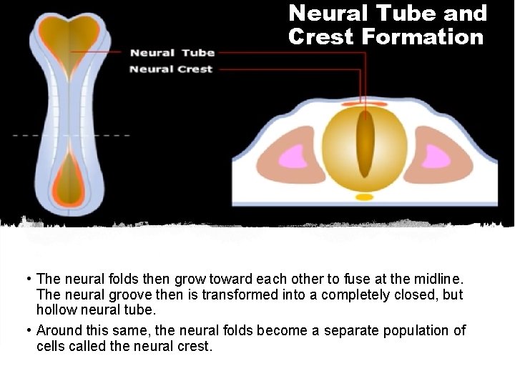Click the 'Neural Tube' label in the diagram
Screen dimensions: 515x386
[172, 53]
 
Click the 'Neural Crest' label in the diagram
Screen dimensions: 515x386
[171, 69]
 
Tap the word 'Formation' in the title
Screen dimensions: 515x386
[424, 36]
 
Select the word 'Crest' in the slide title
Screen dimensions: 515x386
[320, 36]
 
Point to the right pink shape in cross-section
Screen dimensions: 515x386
[440, 156]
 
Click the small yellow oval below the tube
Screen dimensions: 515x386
[365, 197]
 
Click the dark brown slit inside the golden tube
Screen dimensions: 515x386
[366, 143]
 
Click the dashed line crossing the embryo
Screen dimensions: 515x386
[72, 135]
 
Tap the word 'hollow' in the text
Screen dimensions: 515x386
[57, 311]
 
